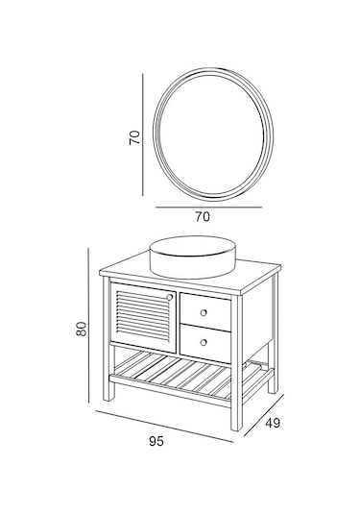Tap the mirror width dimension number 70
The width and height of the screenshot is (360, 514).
click(x=203, y=217)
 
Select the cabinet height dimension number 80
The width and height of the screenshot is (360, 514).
click(x=83, y=328)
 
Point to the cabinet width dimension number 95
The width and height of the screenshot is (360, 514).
click(x=156, y=441)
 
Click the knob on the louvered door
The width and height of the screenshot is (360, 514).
click(x=170, y=298)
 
